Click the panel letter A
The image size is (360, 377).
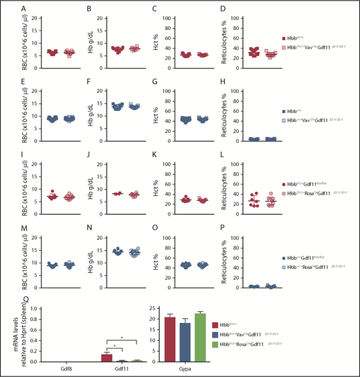tap(5, 10)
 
